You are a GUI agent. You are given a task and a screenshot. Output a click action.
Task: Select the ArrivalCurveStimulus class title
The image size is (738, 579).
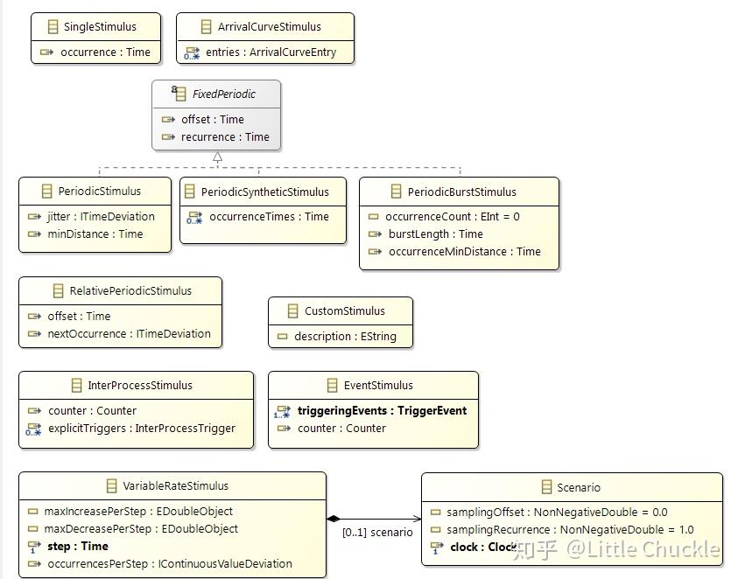coord(269,26)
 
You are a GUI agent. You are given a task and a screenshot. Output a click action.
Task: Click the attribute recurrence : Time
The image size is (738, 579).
coord(225,136)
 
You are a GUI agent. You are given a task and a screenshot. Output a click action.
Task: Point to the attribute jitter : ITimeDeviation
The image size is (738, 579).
coord(101,216)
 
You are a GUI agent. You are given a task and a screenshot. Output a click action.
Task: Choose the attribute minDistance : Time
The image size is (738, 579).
coord(95,234)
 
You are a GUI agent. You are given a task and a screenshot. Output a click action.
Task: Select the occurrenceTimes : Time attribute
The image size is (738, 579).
coord(269,216)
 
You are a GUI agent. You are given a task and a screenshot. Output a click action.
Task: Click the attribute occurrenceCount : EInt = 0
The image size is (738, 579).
coord(453,216)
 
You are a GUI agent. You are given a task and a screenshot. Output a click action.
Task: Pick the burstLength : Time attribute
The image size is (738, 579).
coord(435,234)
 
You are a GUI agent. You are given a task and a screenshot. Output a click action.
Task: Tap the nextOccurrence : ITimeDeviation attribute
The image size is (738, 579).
coord(129,333)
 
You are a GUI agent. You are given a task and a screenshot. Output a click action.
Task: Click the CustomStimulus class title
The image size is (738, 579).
coord(344,310)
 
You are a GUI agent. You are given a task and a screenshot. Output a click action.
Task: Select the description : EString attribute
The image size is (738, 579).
coord(345,336)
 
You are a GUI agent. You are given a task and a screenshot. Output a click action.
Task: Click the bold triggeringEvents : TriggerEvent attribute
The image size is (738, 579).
coord(382,410)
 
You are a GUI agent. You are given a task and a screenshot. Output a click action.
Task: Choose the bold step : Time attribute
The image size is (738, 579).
coord(77,546)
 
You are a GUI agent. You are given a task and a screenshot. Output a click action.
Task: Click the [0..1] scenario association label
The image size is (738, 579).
coord(377,532)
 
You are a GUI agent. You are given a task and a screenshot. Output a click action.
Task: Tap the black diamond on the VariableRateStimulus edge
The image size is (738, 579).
coord(334,519)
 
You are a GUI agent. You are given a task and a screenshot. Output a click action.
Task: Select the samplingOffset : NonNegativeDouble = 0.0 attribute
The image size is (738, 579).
coord(557,512)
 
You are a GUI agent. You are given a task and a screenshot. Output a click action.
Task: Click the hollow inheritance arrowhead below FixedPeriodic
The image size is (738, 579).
coord(217,157)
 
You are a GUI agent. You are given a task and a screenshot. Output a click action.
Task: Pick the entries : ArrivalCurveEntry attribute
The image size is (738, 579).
coord(271,52)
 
